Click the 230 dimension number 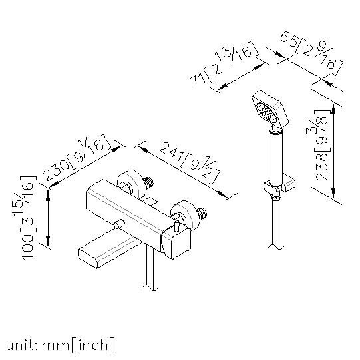[57, 170]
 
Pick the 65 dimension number [288, 39]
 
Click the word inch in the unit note [93, 345]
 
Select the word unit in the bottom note [21, 345]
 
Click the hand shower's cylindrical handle [275, 158]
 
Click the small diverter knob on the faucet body [119, 224]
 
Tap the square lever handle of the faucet [176, 244]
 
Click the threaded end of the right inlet [203, 214]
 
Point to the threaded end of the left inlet [150, 182]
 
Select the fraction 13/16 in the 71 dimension [236, 55]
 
